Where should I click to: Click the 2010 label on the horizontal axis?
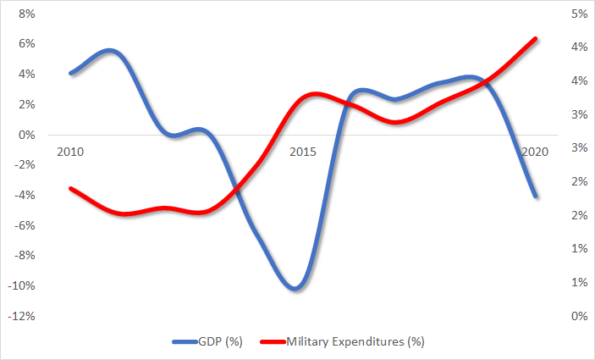[70, 152]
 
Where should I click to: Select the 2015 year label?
[302, 152]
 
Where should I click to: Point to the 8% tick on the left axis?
[25, 14]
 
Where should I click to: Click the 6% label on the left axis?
[25, 44]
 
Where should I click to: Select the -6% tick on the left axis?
[24, 225]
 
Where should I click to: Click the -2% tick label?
[24, 165]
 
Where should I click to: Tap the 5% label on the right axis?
[578, 14]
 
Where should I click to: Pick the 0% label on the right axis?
[578, 316]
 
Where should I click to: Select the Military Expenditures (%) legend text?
[355, 341]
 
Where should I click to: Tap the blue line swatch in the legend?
[184, 341]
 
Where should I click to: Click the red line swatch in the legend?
[270, 341]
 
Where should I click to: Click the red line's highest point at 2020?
[535, 38]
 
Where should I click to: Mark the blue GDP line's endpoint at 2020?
[535, 196]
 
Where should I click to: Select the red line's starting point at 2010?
[70, 188]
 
